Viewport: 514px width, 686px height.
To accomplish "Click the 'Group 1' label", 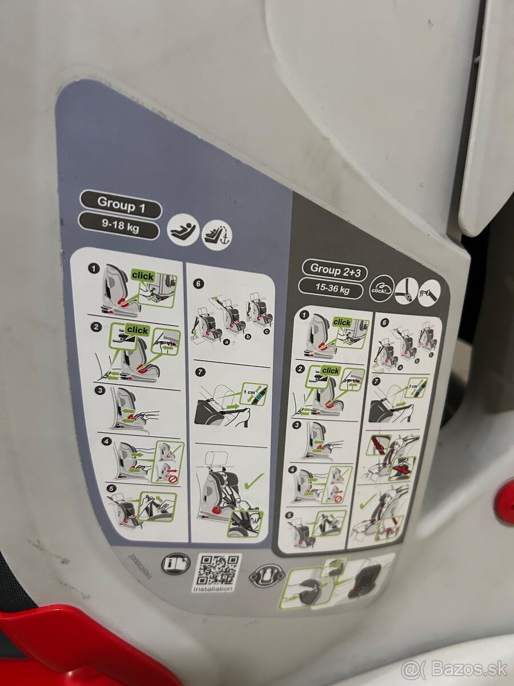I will point(120,203).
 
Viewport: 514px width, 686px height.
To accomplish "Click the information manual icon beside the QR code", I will point(175,564).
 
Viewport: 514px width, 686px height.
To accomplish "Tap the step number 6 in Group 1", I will point(199,284).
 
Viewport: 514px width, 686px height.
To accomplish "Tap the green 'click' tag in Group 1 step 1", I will point(142,276).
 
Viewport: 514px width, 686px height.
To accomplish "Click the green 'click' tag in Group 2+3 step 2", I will point(330,371).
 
